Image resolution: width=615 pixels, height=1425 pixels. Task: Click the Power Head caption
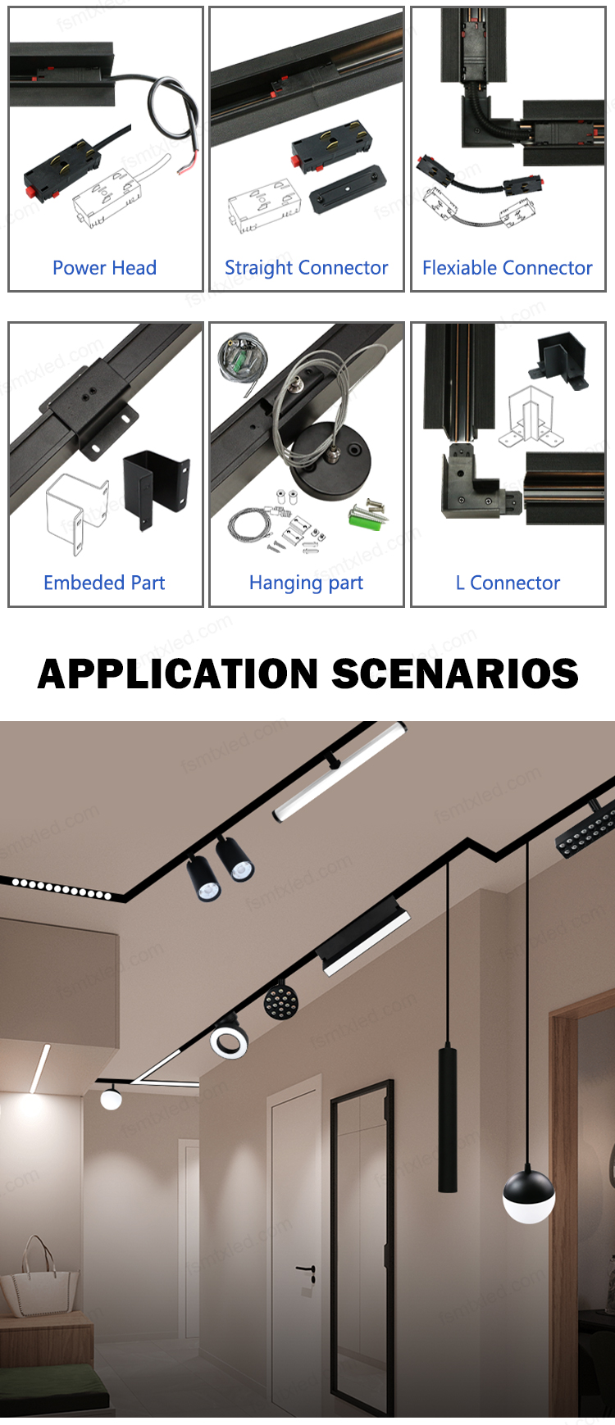point(104,268)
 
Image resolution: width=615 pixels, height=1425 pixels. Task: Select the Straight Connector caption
point(306,268)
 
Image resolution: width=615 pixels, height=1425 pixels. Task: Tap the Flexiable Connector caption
point(508,268)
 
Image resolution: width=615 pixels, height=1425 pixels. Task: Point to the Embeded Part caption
point(104,583)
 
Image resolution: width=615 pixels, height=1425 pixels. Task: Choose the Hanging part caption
point(306,583)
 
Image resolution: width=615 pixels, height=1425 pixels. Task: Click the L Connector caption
point(508,583)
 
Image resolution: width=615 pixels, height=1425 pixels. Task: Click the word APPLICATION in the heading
point(178,674)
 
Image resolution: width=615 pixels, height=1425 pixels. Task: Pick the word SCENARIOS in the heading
point(455,674)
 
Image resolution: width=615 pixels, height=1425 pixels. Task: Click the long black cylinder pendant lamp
point(448,1118)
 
